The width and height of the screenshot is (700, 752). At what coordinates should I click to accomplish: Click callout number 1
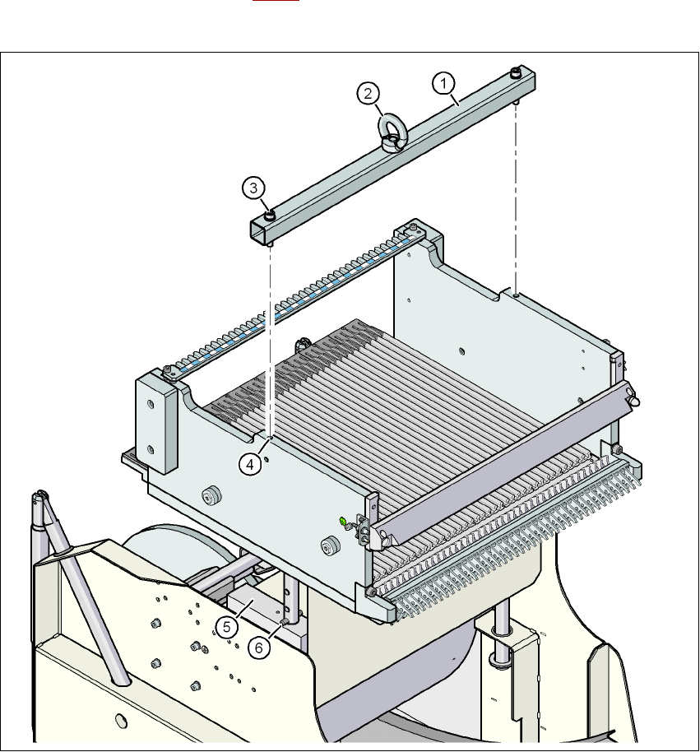[x=443, y=82]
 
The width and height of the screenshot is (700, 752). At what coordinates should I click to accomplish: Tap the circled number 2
[x=369, y=94]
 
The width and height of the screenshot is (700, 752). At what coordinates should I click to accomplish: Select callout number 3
[x=254, y=188]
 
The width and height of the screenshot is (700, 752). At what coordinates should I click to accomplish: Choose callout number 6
[x=259, y=647]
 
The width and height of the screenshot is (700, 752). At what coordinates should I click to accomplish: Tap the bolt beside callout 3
[x=269, y=216]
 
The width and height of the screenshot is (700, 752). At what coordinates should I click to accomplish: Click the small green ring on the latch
[x=342, y=521]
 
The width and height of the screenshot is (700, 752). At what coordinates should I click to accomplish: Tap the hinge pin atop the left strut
[x=39, y=496]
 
